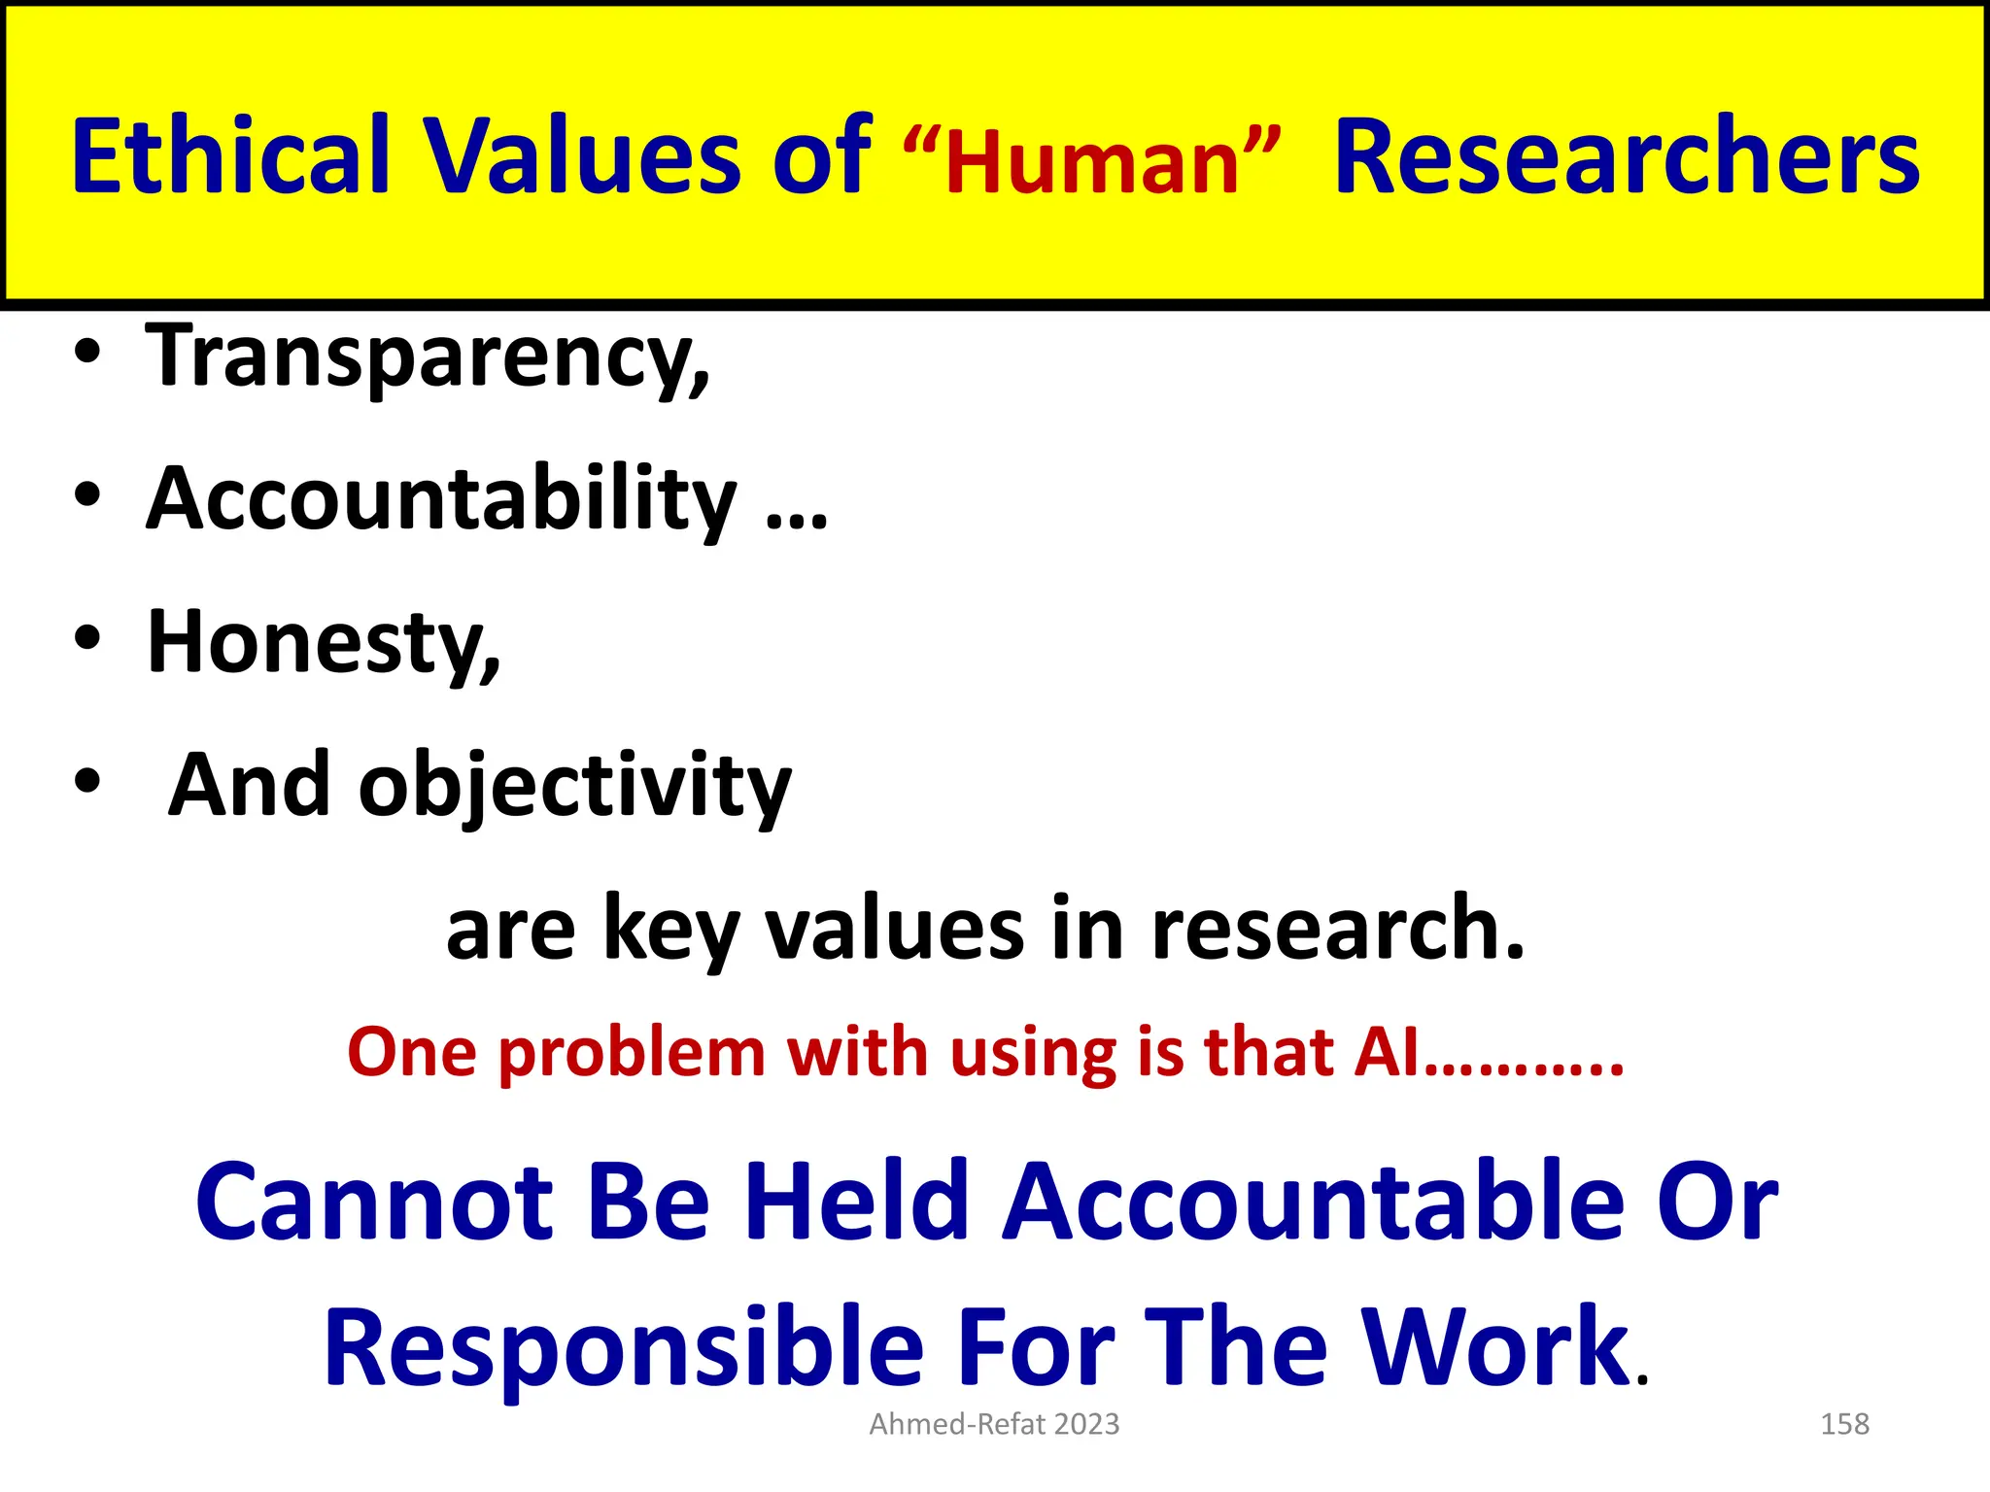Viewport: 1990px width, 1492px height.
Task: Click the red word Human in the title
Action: (x=1092, y=164)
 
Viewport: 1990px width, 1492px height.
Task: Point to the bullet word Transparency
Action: (x=428, y=357)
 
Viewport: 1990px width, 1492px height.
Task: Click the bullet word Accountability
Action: (x=442, y=499)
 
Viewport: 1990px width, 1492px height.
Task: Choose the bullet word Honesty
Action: (x=324, y=642)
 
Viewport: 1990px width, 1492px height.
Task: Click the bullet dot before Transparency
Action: (x=86, y=354)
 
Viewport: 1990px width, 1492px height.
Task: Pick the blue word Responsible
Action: (x=623, y=1348)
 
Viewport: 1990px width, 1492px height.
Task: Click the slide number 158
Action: (x=1844, y=1424)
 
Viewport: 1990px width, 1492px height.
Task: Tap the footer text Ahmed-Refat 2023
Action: (x=994, y=1424)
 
